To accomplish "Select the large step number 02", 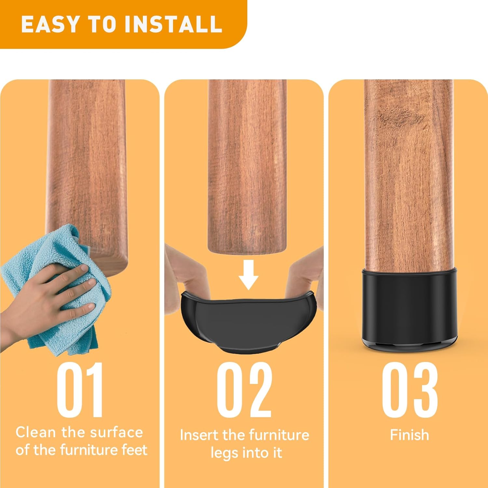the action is pyautogui.click(x=244, y=389).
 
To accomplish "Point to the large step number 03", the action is pyautogui.click(x=410, y=389).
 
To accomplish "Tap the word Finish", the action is pyautogui.click(x=410, y=435).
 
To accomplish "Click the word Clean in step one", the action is pyautogui.click(x=36, y=432).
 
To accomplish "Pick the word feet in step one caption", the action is pyautogui.click(x=134, y=450).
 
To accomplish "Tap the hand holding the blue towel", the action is pyautogui.click(x=49, y=299).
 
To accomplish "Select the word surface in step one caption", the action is pyautogui.click(x=116, y=432).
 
